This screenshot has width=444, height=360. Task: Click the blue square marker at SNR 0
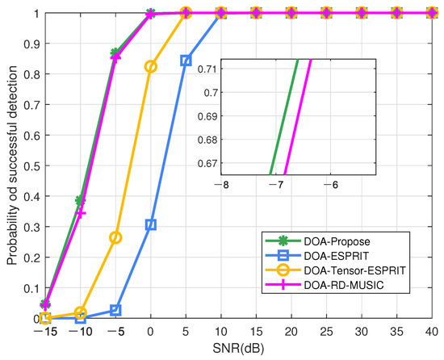coord(151,224)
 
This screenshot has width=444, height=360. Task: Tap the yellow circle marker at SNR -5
coord(115,237)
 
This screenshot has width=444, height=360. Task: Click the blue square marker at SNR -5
coord(115,310)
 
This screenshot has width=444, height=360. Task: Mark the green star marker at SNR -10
coord(81,199)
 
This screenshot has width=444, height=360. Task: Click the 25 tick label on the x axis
coord(326,333)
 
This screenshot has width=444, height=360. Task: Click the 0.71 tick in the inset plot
coord(204,69)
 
